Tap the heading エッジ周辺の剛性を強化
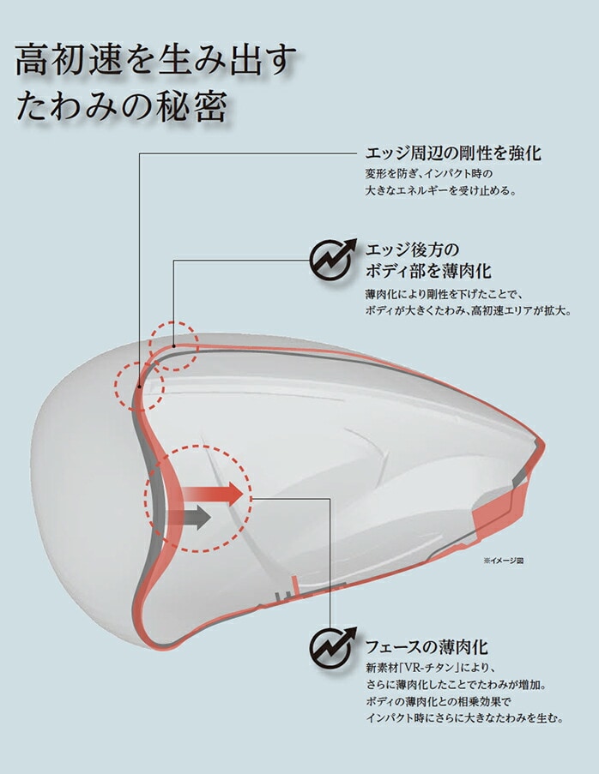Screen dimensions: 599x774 (x=453, y=153)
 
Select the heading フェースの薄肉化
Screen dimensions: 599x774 (x=427, y=646)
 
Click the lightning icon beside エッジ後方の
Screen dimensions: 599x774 (x=333, y=259)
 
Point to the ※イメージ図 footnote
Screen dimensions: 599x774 (x=503, y=561)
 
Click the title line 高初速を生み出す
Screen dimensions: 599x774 (x=157, y=60)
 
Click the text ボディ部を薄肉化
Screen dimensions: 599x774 (x=428, y=271)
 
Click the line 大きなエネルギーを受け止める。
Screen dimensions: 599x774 (x=441, y=190)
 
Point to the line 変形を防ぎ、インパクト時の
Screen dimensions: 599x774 (x=429, y=174)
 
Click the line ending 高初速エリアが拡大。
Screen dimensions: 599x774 (x=469, y=311)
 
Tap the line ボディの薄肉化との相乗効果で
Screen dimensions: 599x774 (x=438, y=701)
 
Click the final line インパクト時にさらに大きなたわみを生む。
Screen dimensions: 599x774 (x=464, y=717)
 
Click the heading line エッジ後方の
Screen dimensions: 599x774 (x=412, y=249)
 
